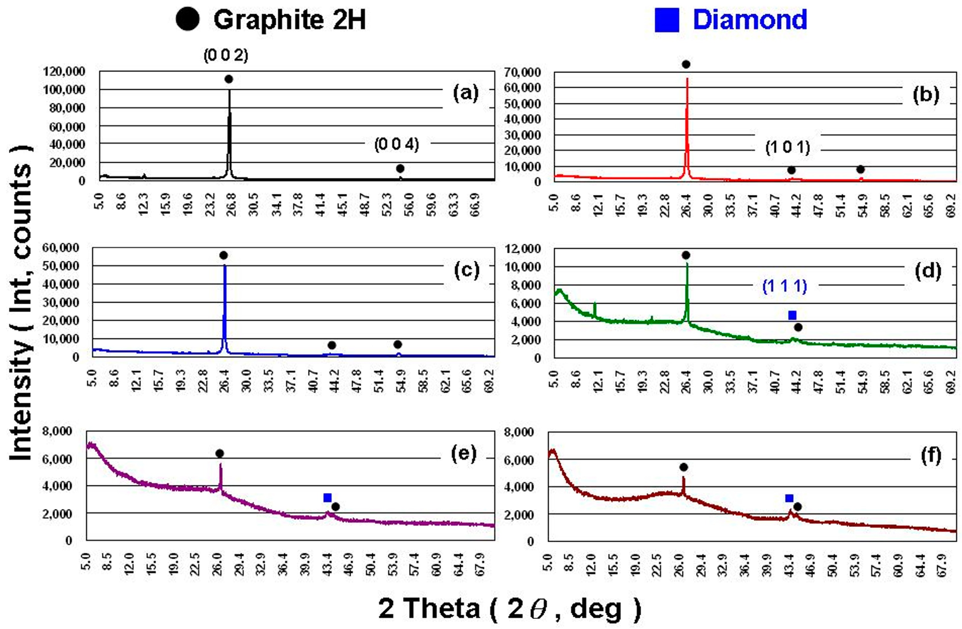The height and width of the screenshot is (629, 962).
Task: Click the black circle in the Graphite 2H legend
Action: (x=188, y=20)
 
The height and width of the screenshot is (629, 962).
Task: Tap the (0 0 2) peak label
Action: (x=225, y=55)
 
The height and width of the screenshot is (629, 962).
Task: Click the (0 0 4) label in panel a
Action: (x=396, y=144)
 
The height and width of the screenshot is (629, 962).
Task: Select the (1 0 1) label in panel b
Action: (x=787, y=148)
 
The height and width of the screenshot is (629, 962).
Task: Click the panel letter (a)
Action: (x=466, y=93)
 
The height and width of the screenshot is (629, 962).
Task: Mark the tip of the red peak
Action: (x=687, y=78)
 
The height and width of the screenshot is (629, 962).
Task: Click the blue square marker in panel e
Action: (x=327, y=497)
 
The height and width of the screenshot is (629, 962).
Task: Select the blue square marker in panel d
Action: (x=792, y=315)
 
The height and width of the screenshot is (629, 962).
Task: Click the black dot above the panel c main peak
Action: (x=224, y=255)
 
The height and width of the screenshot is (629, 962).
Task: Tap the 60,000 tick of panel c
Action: (x=61, y=248)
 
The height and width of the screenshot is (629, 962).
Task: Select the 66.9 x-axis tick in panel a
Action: (x=476, y=205)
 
